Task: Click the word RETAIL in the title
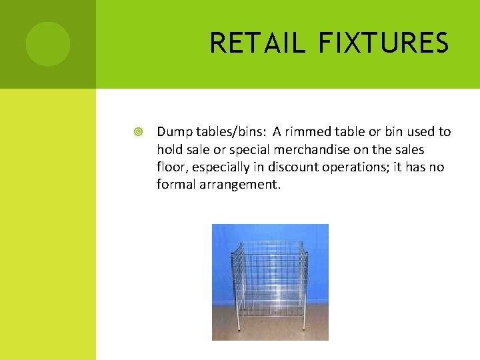coord(257,43)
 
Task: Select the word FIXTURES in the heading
coord(383,43)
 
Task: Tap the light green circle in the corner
coord(48,44)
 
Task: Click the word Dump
coord(172,132)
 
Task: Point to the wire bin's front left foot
coord(245,328)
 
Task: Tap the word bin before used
coord(394,132)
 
